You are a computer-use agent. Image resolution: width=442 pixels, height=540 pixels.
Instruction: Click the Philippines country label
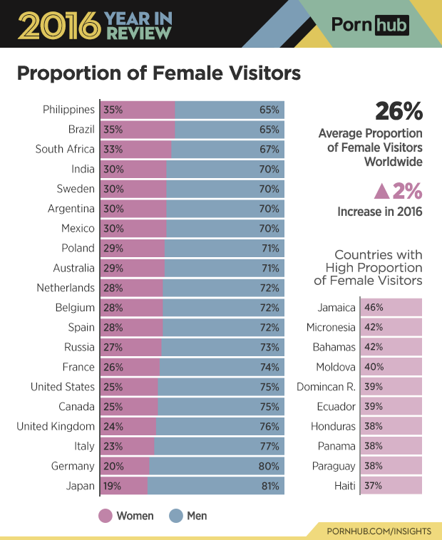(x=68, y=110)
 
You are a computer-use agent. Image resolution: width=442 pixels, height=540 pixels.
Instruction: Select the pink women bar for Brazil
(x=138, y=130)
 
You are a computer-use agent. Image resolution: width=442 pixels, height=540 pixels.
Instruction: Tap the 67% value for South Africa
(x=269, y=150)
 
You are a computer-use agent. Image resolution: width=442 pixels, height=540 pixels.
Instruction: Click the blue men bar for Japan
(x=215, y=486)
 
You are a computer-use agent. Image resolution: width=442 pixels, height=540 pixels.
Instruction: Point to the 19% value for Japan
(x=113, y=486)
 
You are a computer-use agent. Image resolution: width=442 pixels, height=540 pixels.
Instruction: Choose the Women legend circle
(x=106, y=515)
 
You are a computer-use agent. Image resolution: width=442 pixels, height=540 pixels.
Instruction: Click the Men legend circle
(x=176, y=515)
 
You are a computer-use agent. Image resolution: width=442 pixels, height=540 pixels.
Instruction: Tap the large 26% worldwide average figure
(x=399, y=112)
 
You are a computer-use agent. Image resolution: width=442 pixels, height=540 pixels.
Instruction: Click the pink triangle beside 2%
(x=381, y=191)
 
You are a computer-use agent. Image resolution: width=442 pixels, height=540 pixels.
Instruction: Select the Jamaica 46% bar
(x=391, y=308)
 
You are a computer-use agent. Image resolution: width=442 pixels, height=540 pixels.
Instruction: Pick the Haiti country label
(x=341, y=486)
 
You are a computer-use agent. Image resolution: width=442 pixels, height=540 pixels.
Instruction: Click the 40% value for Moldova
(x=374, y=367)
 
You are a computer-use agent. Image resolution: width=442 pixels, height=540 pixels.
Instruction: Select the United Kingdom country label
(x=56, y=426)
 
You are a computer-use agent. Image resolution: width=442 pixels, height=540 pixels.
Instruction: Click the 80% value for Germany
(x=269, y=466)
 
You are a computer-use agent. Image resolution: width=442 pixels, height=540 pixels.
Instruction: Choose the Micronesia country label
(x=331, y=328)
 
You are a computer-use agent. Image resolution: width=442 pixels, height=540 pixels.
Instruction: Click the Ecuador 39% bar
(x=391, y=407)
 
